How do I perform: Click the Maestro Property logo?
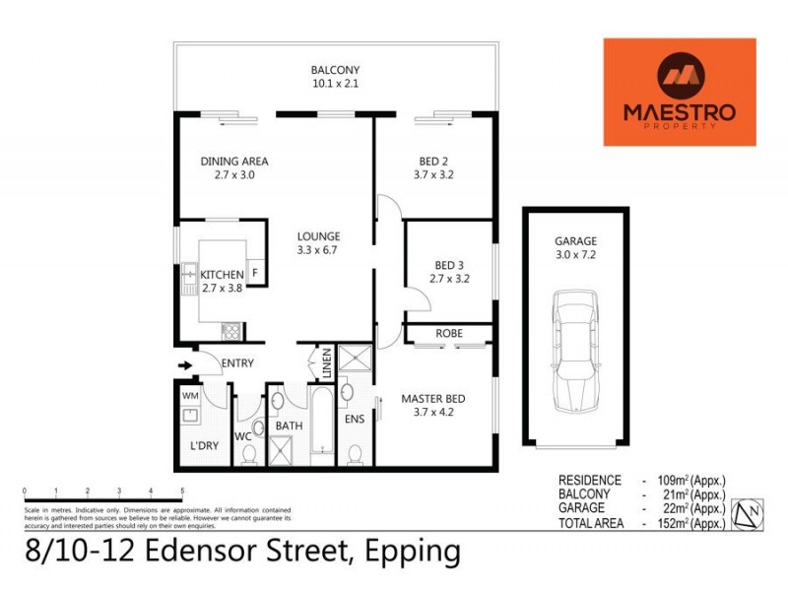(680, 92)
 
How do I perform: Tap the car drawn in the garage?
(574, 351)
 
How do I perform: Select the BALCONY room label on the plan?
(335, 70)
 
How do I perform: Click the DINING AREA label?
(234, 162)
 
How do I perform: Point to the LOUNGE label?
(319, 236)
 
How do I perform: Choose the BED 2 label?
(433, 162)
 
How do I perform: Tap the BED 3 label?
(448, 265)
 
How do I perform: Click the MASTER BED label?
(432, 399)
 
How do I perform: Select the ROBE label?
(449, 334)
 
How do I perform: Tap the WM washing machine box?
(190, 395)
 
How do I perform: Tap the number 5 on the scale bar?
(182, 490)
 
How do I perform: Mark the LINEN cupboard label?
(324, 361)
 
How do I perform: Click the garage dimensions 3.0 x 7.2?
(575, 254)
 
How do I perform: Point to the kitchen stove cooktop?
(230, 331)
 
